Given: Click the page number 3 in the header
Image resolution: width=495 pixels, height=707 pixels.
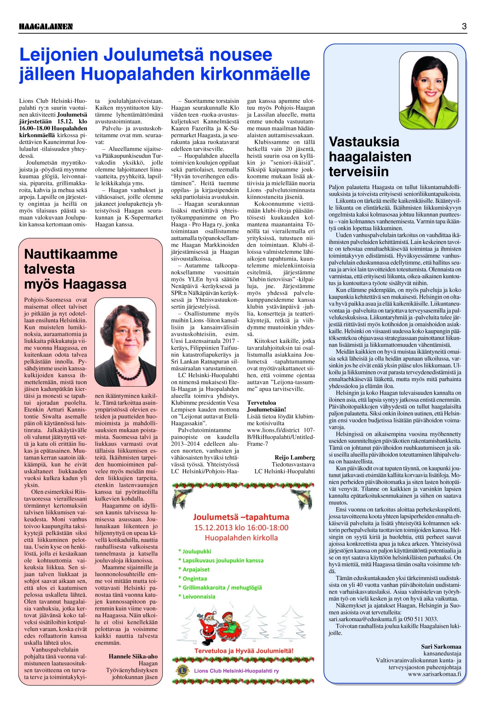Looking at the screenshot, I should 464,26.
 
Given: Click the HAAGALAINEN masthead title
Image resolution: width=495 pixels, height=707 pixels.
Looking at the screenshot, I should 46,27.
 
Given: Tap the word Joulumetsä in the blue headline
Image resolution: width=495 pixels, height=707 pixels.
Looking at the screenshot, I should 153,55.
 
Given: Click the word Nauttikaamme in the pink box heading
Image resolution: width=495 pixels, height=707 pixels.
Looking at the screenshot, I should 71,254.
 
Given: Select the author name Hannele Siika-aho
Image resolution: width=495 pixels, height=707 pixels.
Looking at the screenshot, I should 133,656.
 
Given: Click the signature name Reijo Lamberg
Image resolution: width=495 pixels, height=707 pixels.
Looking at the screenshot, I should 295,457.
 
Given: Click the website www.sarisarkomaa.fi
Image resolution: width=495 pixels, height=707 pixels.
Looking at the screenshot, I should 435,674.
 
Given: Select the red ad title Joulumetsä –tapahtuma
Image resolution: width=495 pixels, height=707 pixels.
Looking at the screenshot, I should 241,517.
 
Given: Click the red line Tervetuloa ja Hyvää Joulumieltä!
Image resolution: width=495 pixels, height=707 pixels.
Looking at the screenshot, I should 244,650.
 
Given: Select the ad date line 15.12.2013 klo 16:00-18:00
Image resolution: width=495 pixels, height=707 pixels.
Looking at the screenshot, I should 241,528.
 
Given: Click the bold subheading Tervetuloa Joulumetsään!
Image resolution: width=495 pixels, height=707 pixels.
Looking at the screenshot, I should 267,406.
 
